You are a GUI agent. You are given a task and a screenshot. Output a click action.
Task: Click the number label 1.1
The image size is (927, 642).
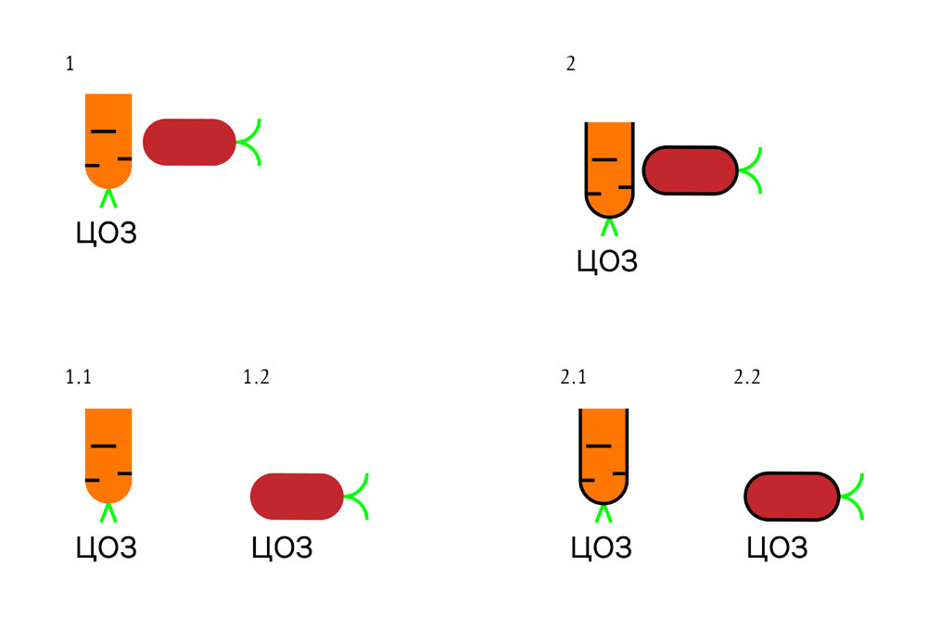[79, 377]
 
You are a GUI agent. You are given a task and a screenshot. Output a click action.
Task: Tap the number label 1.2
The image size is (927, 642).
[256, 377]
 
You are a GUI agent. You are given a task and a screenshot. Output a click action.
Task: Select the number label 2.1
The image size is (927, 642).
[574, 377]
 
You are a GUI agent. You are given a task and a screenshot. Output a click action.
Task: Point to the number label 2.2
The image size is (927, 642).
[746, 377]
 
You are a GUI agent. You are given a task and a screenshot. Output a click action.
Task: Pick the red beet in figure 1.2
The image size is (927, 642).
[298, 496]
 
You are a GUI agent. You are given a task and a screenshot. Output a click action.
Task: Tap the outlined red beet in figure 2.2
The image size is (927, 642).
[793, 496]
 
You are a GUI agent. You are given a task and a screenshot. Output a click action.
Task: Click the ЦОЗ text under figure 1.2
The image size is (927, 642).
[282, 548]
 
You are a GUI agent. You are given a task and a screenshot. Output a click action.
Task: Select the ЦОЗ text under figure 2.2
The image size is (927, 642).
[777, 548]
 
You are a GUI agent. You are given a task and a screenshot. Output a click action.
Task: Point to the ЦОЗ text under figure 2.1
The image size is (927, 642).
[601, 548]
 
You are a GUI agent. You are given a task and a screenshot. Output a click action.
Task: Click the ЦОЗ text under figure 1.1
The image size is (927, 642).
[106, 548]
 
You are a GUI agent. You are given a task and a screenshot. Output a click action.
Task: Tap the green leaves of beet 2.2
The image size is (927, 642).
[855, 496]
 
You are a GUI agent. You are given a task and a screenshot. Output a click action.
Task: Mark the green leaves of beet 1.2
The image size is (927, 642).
[359, 496]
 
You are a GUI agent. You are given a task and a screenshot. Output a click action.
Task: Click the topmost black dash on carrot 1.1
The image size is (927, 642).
[103, 447]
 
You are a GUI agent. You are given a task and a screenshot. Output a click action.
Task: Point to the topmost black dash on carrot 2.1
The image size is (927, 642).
[599, 447]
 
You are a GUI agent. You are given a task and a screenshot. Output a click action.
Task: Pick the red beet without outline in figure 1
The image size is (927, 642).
[188, 142]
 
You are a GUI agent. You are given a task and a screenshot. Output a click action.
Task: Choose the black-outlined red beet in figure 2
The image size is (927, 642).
[690, 170]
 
